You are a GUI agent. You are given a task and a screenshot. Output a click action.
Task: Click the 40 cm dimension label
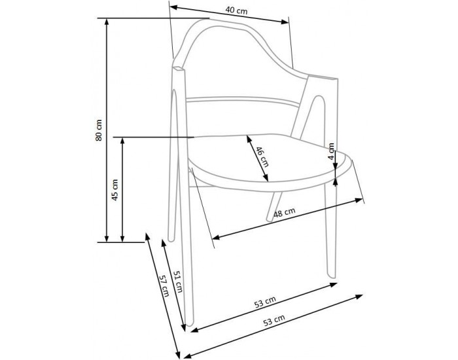point(236,10)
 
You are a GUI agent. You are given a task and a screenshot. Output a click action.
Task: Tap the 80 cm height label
point(99,130)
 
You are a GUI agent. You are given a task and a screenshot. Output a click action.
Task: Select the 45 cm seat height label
point(114,190)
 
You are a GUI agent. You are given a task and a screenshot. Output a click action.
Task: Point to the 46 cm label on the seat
point(262,157)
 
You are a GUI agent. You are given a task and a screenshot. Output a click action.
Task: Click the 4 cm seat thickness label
point(331,151)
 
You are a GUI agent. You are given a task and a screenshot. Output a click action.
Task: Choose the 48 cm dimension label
point(284,213)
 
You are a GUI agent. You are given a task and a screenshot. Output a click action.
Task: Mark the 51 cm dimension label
point(178,281)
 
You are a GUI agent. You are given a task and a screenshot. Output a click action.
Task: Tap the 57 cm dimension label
point(164,286)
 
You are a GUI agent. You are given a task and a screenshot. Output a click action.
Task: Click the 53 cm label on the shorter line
point(264,302)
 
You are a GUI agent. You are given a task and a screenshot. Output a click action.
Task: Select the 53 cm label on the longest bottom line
point(274,320)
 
